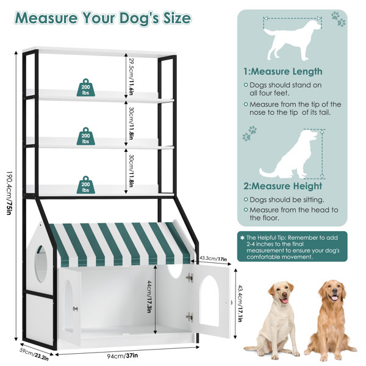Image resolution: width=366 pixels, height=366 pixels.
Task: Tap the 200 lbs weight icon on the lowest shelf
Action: pyautogui.click(x=86, y=185)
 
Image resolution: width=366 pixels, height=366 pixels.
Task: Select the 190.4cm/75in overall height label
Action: pyautogui.click(x=10, y=193)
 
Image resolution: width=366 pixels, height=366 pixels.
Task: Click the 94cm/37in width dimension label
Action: pyautogui.click(x=123, y=356)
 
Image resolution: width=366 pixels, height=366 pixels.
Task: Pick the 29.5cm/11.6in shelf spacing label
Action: pyautogui.click(x=132, y=77)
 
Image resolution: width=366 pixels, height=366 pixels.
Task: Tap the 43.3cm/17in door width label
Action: pyautogui.click(x=213, y=259)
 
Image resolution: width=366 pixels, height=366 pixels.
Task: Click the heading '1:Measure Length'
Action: pyautogui.click(x=283, y=71)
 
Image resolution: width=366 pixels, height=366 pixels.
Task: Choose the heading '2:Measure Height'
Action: pyautogui.click(x=282, y=186)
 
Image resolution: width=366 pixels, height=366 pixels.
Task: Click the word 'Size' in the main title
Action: pyautogui.click(x=177, y=18)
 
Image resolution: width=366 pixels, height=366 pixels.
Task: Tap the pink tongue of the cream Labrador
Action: pyautogui.click(x=285, y=301)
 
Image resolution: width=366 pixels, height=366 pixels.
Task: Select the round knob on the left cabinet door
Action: pyautogui.click(x=75, y=309)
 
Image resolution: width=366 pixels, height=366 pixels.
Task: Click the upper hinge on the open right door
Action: pyautogui.click(x=190, y=278)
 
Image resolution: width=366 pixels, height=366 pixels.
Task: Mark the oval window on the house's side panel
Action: pyautogui.click(x=41, y=264)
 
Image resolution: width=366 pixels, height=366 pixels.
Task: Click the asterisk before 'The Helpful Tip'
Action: pyautogui.click(x=243, y=238)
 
